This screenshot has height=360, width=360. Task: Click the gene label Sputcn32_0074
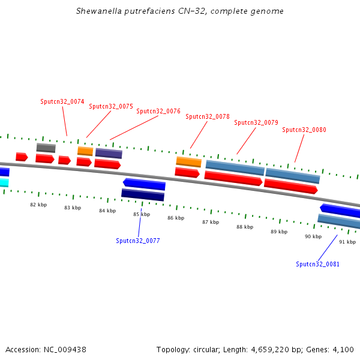click(x=62, y=102)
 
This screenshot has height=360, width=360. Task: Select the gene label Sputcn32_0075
click(x=111, y=107)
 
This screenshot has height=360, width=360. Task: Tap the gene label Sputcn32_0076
click(x=158, y=112)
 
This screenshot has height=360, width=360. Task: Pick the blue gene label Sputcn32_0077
click(x=138, y=241)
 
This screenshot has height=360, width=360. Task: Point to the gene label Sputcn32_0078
click(x=208, y=117)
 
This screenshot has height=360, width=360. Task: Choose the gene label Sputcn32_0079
click(x=256, y=123)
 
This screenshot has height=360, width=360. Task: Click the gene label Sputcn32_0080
click(x=304, y=130)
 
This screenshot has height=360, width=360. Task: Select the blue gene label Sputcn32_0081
click(x=317, y=264)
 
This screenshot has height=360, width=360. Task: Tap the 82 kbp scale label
click(x=38, y=205)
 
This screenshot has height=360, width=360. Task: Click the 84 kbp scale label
click(x=107, y=211)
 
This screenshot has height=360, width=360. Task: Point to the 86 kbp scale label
click(x=176, y=218)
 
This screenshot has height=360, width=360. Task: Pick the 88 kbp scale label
click(x=244, y=227)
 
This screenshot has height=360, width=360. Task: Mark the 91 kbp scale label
click(x=347, y=242)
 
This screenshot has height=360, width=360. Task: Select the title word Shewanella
click(x=99, y=11)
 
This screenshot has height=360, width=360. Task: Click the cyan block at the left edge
click(x=4, y=182)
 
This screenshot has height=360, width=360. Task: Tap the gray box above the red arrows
click(x=46, y=148)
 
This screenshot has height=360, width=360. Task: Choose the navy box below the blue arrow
click(x=143, y=195)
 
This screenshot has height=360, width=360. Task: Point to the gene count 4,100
click(x=343, y=349)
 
